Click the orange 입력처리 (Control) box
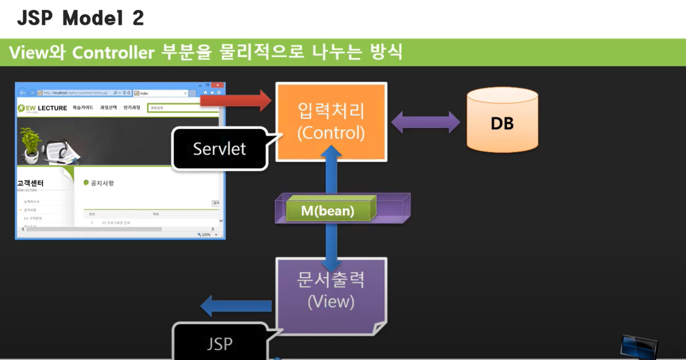click(331, 122)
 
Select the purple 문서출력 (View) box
click(331, 294)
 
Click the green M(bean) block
click(328, 210)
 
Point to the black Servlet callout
click(219, 149)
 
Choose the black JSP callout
click(220, 343)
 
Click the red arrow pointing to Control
click(236, 100)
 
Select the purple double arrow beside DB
click(425, 123)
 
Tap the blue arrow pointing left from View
click(236, 306)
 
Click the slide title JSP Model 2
click(81, 19)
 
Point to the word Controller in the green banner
click(113, 53)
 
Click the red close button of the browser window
click(218, 85)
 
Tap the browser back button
click(22, 93)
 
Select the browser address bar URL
click(76, 93)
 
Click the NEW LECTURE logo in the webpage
click(43, 108)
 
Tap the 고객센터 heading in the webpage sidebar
click(30, 183)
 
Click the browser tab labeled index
click(160, 93)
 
